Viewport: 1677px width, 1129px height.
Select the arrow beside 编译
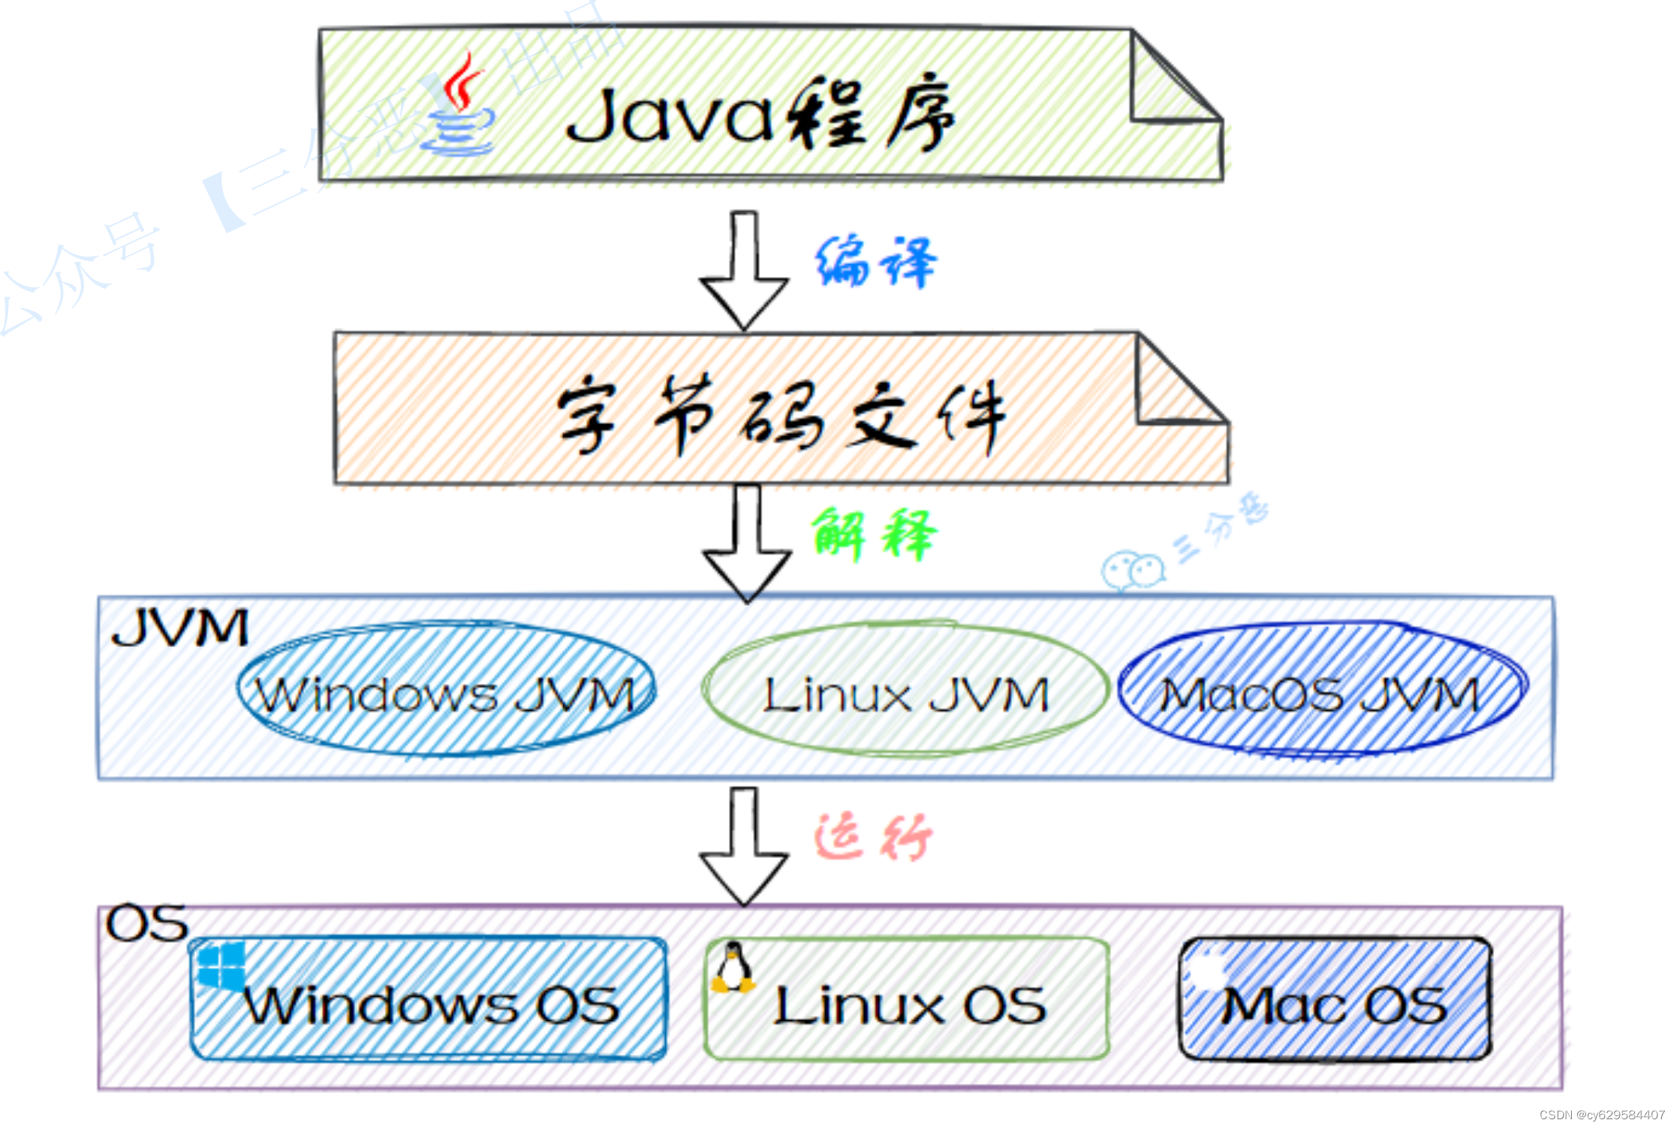tap(744, 270)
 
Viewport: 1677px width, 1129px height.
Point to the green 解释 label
tap(874, 534)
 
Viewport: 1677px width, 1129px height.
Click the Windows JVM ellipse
tap(446, 689)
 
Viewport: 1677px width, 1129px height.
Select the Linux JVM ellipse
tap(905, 689)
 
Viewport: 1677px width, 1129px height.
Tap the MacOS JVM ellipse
tap(1321, 689)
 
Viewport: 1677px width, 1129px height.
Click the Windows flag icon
tap(221, 965)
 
